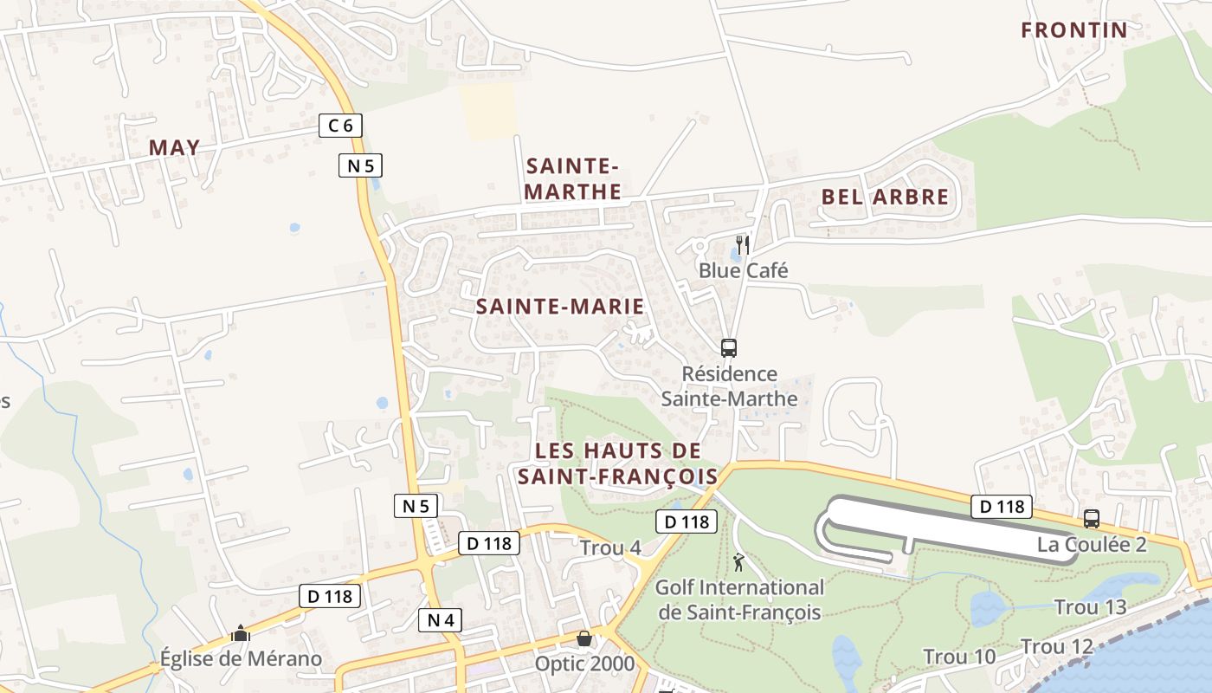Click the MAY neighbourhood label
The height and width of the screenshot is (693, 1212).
174,147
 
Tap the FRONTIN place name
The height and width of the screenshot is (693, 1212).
1073,30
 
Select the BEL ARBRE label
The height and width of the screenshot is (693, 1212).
885,197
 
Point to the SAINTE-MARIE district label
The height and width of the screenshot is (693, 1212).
560,306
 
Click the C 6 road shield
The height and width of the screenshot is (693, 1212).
340,126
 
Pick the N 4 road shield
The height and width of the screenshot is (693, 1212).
441,619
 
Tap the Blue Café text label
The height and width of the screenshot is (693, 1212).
743,270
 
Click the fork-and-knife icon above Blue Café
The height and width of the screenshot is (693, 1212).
742,244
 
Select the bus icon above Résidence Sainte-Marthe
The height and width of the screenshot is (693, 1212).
729,348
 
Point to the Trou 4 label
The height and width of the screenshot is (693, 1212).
610,547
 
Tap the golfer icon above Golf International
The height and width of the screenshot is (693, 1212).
738,562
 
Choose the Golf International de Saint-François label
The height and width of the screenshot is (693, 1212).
739,599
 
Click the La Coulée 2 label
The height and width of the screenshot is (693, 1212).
1092,545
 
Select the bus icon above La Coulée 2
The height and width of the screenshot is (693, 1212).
1092,519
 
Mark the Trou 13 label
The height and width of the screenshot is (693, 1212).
1090,607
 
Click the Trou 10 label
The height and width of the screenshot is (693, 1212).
959,657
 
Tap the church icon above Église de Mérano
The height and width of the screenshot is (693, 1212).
241,634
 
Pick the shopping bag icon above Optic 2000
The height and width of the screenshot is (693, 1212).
584,638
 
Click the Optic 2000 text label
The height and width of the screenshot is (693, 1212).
584,664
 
